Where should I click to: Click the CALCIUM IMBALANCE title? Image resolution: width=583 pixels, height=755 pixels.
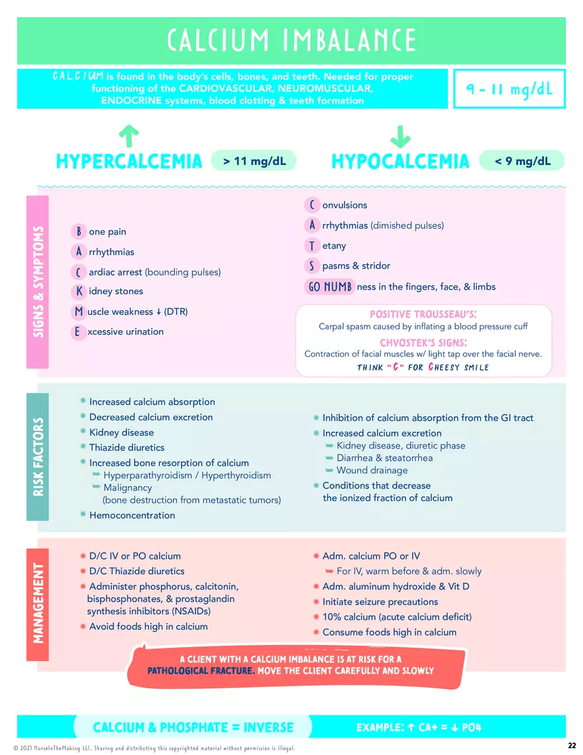tap(291, 40)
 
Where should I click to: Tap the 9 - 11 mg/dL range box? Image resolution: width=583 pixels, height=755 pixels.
tap(509, 89)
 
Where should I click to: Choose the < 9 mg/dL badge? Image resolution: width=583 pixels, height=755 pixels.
tap(523, 160)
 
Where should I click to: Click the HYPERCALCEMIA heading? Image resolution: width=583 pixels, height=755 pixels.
tap(129, 161)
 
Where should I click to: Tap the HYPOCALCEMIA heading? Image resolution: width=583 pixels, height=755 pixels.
tap(400, 161)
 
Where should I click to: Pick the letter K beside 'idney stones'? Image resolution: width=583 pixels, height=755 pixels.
tap(79, 291)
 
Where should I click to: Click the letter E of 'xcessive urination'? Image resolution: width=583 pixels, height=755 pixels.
tap(79, 331)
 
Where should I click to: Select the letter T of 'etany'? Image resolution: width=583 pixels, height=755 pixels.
tap(311, 246)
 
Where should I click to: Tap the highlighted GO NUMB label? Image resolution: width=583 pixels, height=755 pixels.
tap(329, 287)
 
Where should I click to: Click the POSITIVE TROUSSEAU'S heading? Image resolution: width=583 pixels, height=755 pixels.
tap(423, 314)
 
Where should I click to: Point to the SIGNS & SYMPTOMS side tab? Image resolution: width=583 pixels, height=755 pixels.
tap(38, 282)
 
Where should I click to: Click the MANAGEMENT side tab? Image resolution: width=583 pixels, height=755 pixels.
tap(38, 603)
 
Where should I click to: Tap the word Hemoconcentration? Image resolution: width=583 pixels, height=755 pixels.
tap(132, 515)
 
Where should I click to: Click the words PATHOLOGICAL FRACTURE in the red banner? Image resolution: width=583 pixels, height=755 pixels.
tap(200, 671)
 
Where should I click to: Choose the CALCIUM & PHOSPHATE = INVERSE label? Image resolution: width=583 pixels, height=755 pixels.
tap(193, 727)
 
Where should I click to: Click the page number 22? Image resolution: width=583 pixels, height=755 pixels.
tap(572, 746)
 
